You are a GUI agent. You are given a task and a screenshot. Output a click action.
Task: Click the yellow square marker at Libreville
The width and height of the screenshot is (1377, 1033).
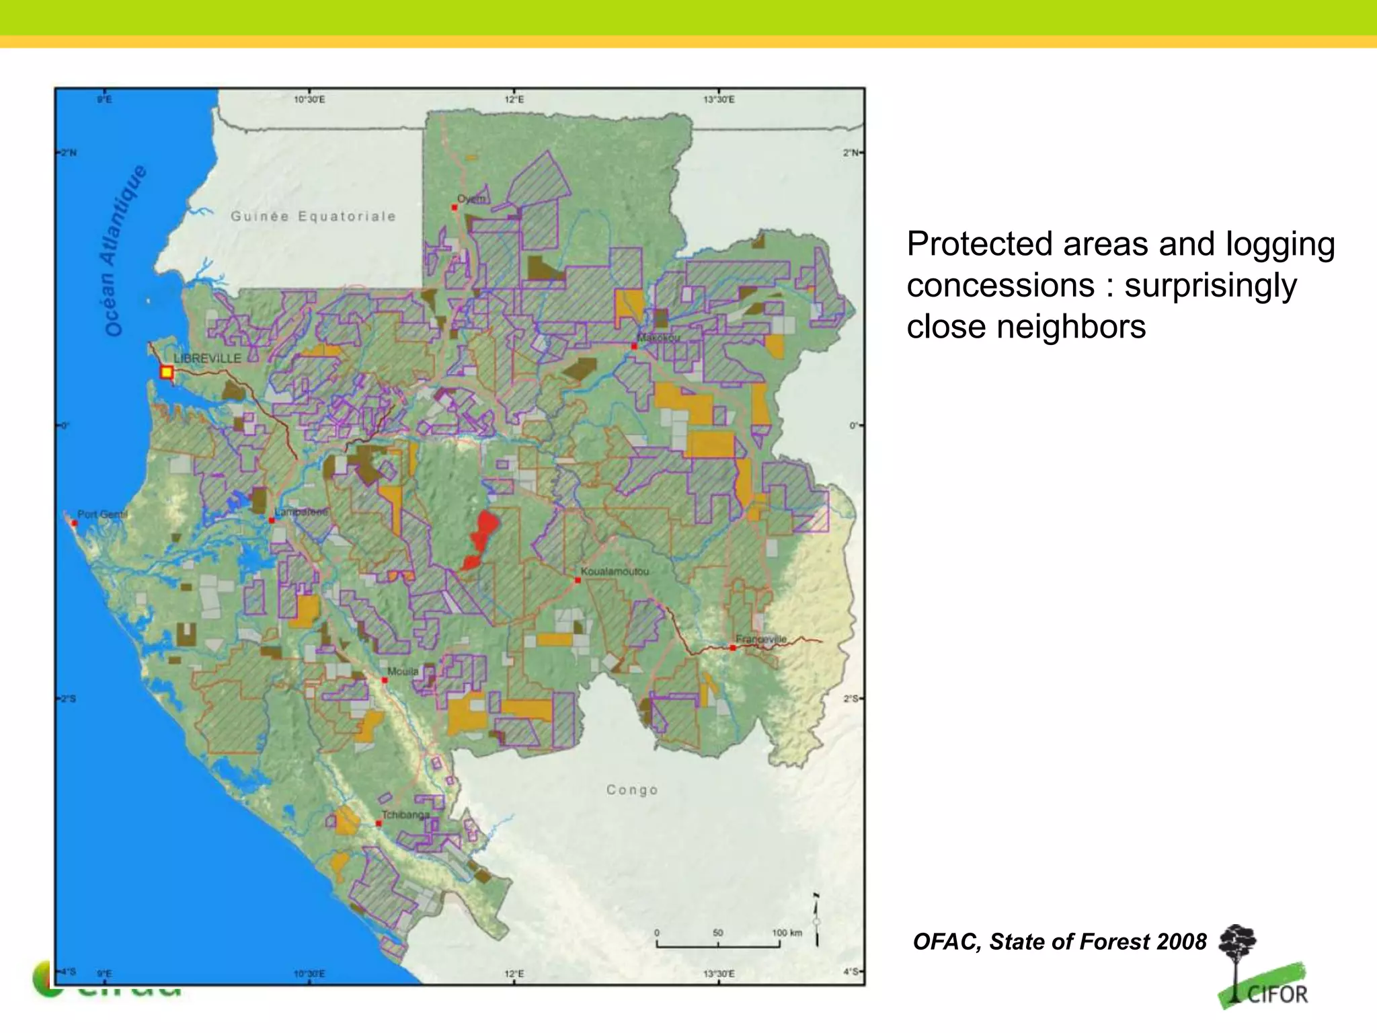[x=167, y=373]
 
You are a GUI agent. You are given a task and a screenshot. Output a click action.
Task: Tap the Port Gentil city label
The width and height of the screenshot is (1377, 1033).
[x=102, y=514]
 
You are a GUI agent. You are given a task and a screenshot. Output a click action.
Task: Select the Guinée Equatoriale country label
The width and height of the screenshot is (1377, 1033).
[x=313, y=217]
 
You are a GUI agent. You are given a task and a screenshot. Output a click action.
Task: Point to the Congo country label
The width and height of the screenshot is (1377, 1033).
[x=632, y=790]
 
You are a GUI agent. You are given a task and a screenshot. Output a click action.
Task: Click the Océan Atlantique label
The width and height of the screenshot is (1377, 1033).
[x=124, y=250]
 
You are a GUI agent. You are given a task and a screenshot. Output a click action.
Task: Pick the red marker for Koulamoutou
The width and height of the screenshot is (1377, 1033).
[x=578, y=580]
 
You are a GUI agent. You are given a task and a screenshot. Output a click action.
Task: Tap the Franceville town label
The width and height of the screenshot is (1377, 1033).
[x=760, y=639]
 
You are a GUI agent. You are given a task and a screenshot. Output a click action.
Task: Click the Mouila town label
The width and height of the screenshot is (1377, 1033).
[x=403, y=671]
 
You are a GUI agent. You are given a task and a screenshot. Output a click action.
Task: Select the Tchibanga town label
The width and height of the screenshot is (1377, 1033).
[x=405, y=815]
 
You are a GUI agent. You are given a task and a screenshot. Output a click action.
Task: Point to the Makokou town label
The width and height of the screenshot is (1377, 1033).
[x=658, y=338]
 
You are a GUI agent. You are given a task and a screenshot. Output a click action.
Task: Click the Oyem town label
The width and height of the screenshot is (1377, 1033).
[x=471, y=199]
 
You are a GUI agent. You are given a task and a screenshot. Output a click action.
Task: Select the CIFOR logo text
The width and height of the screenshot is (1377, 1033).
[x=1277, y=994]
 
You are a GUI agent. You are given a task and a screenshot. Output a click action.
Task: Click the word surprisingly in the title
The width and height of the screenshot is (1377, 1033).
[x=1210, y=285]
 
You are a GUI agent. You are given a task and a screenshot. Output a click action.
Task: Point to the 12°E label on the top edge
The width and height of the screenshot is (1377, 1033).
[x=514, y=100]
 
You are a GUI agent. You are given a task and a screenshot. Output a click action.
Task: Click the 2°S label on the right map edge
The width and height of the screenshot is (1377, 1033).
[x=851, y=699]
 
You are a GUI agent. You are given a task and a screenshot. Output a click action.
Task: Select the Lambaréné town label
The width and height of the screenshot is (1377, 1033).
[x=301, y=512]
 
